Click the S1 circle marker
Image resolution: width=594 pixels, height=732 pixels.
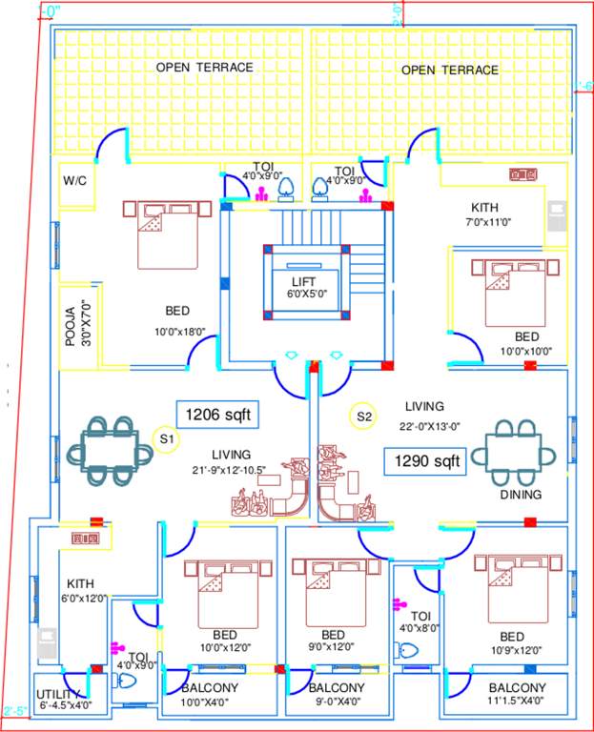(166, 440)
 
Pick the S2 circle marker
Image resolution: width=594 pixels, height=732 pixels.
(363, 417)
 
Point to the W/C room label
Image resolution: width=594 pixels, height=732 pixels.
(75, 180)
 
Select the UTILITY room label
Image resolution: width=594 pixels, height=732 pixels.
(62, 699)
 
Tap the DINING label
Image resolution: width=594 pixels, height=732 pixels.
(521, 495)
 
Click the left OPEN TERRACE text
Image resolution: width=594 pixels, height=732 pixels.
(205, 68)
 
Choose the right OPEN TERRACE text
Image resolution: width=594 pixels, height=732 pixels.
(449, 70)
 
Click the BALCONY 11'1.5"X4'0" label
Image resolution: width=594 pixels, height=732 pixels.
(516, 694)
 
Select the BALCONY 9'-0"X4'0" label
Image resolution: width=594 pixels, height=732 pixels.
(336, 694)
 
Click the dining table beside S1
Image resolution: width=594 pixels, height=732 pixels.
(107, 448)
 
